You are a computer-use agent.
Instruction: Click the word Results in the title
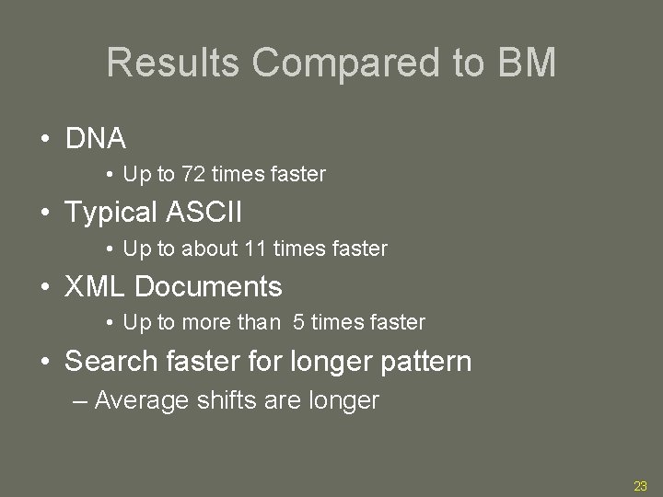point(174,64)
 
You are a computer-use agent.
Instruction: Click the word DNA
point(96,139)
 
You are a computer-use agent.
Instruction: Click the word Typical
point(112,213)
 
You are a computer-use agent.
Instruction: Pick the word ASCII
point(204,213)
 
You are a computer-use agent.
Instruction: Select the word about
point(210,248)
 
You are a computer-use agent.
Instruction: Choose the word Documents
point(208,286)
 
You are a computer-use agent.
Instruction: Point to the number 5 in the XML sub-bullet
point(299,322)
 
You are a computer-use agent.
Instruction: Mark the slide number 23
point(641,486)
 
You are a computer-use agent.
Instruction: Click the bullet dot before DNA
point(44,140)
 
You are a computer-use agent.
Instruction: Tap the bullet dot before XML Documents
point(44,287)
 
